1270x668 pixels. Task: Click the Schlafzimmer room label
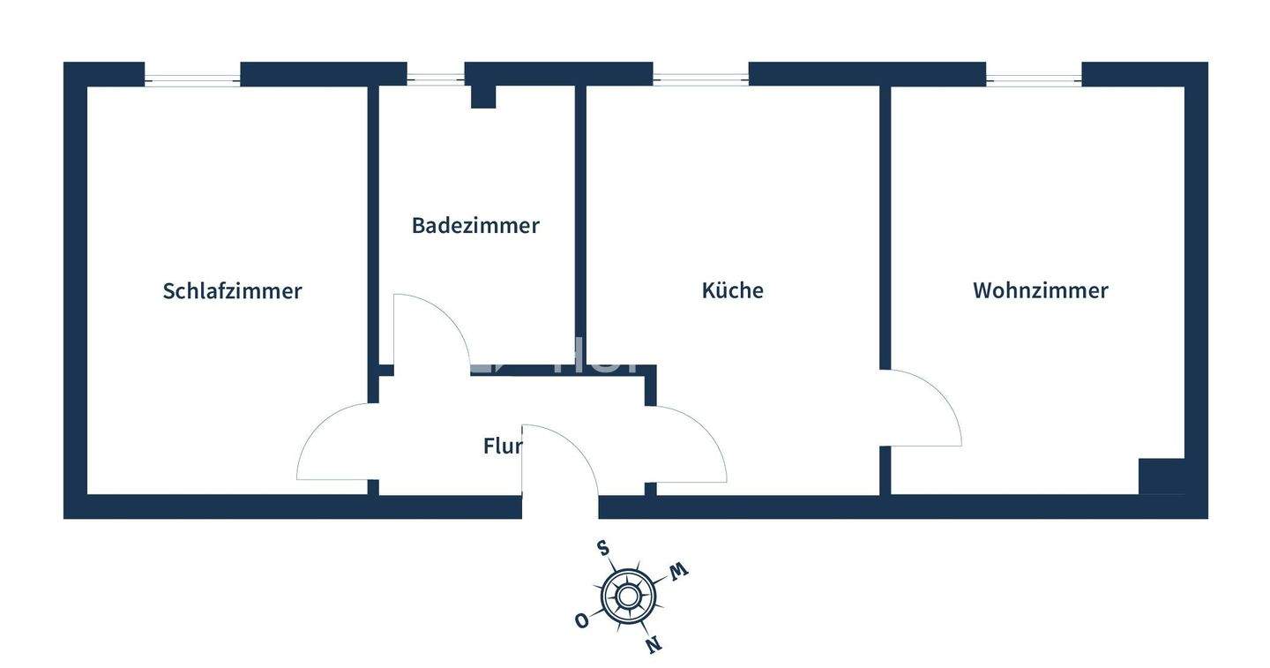pos(232,291)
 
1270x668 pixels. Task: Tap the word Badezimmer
pos(475,226)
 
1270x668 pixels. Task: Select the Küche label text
pos(732,291)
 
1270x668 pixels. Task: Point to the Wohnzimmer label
pos(1040,291)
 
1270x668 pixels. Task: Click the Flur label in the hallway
pos(502,447)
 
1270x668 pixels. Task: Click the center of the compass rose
pos(627,597)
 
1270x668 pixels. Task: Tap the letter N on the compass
pos(654,645)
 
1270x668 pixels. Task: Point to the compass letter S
pos(603,548)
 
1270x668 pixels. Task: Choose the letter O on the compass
pos(581,620)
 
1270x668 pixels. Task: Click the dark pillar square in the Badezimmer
pos(482,96)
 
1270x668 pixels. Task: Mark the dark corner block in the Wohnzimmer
pos(1162,477)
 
